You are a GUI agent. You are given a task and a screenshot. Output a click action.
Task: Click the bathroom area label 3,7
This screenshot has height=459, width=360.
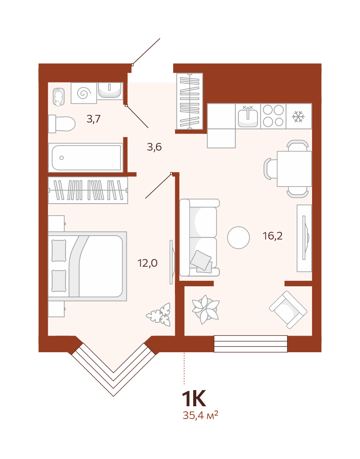click(x=94, y=119)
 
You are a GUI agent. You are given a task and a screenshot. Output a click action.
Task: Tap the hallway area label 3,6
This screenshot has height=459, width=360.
click(x=154, y=147)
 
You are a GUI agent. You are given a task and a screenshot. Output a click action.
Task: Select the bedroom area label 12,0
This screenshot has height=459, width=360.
click(x=148, y=263)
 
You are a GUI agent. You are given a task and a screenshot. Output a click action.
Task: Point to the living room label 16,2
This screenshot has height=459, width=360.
click(x=273, y=236)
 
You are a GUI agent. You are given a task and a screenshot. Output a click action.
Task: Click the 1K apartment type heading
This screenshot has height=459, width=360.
click(x=194, y=399)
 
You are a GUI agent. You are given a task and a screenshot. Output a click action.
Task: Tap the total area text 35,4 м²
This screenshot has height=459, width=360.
click(x=200, y=415)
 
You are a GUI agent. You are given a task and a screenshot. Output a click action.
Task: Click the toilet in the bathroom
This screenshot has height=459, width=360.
click(x=62, y=124)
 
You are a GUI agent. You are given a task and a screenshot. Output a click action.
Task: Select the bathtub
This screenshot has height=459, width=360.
click(x=86, y=157)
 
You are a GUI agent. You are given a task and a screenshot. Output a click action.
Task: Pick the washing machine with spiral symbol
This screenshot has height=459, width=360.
click(x=84, y=93)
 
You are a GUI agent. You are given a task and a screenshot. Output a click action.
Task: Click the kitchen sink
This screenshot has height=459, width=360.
click(x=248, y=116)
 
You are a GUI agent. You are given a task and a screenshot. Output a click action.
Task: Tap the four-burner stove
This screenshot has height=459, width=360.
click(x=273, y=116)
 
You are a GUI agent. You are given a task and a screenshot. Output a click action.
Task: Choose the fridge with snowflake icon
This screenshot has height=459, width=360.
click(x=299, y=116)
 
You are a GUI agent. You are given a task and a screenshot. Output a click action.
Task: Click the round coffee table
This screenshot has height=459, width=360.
click(x=238, y=238)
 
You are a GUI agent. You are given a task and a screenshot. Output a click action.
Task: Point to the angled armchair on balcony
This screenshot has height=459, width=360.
click(x=288, y=310)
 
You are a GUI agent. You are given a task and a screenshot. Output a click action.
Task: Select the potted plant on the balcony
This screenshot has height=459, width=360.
click(x=206, y=309)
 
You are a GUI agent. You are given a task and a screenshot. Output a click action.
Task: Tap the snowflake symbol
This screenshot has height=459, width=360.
click(x=298, y=117)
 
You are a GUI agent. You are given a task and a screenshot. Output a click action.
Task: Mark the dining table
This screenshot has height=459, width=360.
click(x=294, y=168)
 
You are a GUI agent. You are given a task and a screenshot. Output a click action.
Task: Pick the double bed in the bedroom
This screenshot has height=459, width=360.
click(x=88, y=266)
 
